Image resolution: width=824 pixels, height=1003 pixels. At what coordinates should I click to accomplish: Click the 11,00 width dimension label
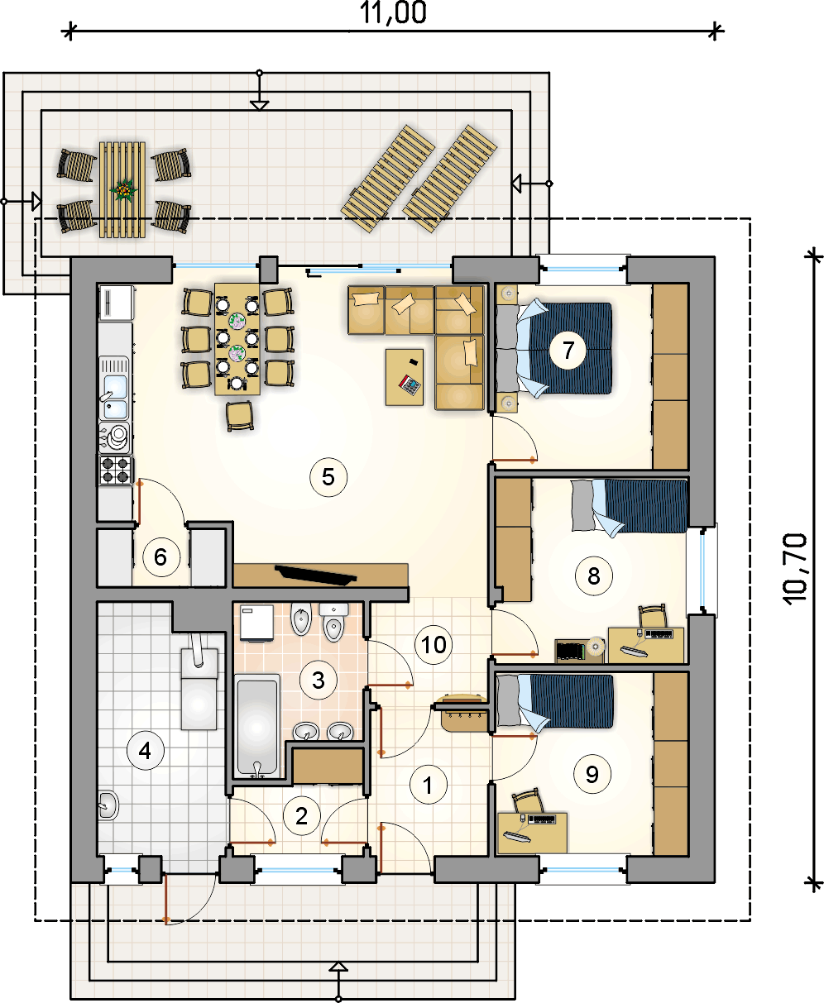click(393, 13)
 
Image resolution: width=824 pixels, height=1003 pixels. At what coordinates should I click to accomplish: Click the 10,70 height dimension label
click(795, 569)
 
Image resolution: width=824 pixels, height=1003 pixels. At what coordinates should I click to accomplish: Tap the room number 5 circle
click(328, 477)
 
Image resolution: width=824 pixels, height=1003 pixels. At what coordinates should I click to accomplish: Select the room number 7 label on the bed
click(568, 351)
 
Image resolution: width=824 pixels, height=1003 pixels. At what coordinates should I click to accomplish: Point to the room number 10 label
click(434, 645)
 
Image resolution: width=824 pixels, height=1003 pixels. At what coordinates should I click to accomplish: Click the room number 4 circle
click(145, 751)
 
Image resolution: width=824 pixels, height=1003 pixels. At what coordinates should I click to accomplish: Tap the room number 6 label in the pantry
click(160, 557)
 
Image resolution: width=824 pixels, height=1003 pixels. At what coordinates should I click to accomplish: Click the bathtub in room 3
click(257, 726)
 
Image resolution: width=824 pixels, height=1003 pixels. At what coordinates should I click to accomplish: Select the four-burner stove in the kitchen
click(115, 470)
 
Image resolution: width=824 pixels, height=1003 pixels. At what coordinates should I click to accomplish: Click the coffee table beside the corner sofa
click(405, 377)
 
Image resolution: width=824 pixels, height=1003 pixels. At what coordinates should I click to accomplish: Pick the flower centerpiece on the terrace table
click(124, 189)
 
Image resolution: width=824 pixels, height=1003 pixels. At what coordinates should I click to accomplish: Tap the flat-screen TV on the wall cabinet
click(315, 575)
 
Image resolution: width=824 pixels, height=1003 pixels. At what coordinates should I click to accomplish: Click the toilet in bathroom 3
click(333, 623)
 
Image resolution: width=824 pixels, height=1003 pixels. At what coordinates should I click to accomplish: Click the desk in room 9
click(532, 833)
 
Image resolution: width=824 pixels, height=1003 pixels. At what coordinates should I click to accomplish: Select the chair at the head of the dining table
click(239, 416)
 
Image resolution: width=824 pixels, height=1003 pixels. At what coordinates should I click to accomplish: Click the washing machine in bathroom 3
click(256, 623)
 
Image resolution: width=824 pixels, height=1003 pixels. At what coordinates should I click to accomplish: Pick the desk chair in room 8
click(652, 616)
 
